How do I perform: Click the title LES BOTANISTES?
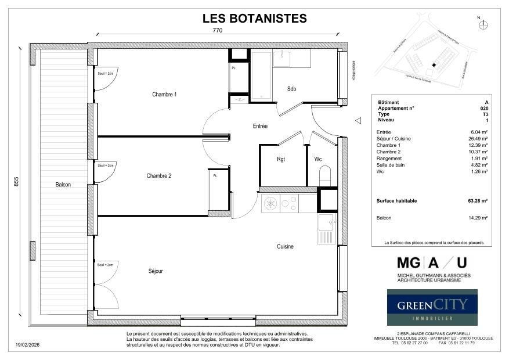(254, 19)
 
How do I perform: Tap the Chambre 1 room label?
(164, 95)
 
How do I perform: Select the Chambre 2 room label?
(158, 176)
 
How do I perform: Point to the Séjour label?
(155, 271)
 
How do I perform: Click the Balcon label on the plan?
(63, 185)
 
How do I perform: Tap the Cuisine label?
(285, 247)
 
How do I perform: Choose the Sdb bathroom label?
(291, 89)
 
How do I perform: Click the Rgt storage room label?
(281, 159)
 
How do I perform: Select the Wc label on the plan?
(318, 159)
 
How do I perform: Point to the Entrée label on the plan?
(260, 126)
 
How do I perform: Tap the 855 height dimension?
(17, 181)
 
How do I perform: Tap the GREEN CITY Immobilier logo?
(432, 307)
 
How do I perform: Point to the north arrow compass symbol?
(484, 24)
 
